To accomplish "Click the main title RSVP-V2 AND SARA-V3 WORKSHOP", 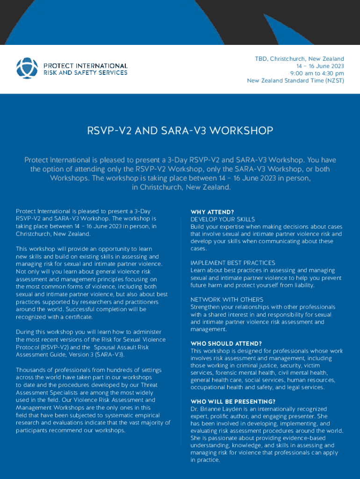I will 180,131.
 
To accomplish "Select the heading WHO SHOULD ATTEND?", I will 226,343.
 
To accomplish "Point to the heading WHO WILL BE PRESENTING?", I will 233,402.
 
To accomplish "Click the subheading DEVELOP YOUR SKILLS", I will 223,219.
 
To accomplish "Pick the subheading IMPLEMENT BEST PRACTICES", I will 233,263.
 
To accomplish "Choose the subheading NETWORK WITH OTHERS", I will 227,299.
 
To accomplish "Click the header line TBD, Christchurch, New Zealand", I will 299,59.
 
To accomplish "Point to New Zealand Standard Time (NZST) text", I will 295,80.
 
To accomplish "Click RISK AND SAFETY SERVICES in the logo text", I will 85,73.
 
